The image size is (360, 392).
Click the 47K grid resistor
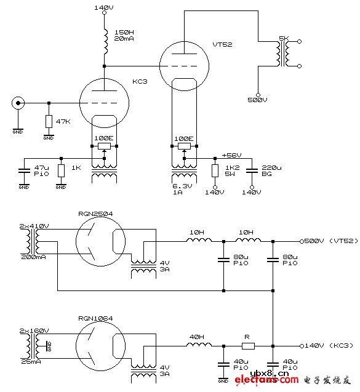[x=48, y=121]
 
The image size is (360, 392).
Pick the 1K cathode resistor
[x=61, y=170]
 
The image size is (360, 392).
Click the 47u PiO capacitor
[x=23, y=170]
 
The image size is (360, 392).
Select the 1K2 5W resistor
[x=215, y=170]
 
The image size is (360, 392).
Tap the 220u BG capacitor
[x=252, y=170]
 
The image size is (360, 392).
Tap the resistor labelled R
[x=248, y=346]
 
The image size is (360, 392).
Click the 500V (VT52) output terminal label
[x=329, y=241]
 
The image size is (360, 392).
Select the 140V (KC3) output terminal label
[x=326, y=346]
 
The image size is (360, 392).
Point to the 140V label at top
[x=104, y=7]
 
